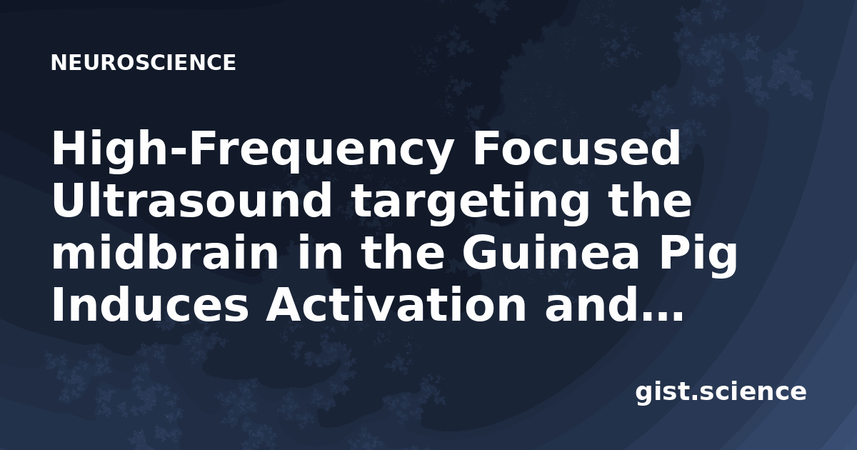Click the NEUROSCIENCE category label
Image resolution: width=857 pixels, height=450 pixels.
click(x=143, y=63)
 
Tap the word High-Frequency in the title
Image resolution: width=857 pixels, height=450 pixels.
click(x=252, y=149)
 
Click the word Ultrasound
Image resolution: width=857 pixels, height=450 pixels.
click(x=191, y=201)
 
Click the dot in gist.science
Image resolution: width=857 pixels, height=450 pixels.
click(x=693, y=397)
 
